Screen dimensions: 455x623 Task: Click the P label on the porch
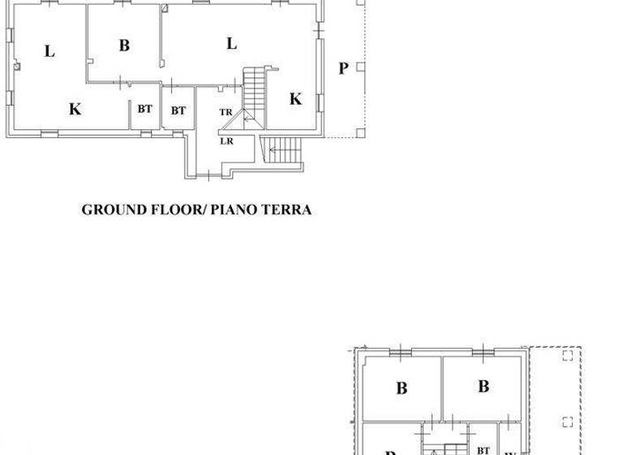tap(343, 68)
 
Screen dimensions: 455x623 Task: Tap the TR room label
tap(226, 111)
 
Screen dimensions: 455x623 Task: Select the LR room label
tap(227, 140)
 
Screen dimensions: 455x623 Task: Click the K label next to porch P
tap(295, 99)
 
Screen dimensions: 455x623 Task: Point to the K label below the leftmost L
tap(75, 109)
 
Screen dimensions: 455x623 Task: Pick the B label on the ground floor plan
tap(124, 45)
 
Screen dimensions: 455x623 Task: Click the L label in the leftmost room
tap(49, 51)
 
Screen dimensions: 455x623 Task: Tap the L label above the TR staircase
tap(231, 44)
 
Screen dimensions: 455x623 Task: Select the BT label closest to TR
tap(178, 110)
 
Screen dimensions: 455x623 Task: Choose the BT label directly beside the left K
tap(144, 109)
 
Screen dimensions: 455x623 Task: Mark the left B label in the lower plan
tap(401, 388)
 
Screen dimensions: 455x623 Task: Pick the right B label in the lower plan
tap(483, 386)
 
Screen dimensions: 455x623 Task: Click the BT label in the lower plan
tap(483, 449)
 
